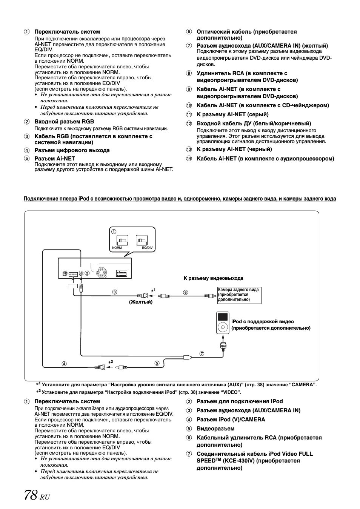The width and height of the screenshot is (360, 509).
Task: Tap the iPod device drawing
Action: click(x=223, y=323)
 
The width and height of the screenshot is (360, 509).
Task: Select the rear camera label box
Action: click(x=239, y=295)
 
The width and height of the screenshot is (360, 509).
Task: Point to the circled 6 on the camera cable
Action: click(x=185, y=292)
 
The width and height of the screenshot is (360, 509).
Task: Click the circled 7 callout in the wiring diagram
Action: click(x=202, y=354)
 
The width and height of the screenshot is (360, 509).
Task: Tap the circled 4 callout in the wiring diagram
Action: click(x=64, y=364)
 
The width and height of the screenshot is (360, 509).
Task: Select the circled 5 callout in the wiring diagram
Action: click(x=157, y=363)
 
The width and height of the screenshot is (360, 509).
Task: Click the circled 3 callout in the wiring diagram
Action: click(x=114, y=292)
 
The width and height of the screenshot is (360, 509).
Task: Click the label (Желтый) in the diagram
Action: click(x=141, y=302)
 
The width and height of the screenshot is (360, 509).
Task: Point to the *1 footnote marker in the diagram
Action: click(x=153, y=290)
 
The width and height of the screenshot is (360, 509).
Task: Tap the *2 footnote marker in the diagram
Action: click(x=111, y=362)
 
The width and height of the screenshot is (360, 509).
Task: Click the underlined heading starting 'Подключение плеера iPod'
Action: click(x=180, y=199)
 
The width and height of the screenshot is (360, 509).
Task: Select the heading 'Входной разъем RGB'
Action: click(x=64, y=122)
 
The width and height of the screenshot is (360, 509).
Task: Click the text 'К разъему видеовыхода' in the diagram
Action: click(x=213, y=278)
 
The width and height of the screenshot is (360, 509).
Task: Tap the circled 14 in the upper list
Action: click(x=189, y=159)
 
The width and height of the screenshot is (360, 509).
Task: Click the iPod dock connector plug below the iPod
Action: click(x=223, y=345)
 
